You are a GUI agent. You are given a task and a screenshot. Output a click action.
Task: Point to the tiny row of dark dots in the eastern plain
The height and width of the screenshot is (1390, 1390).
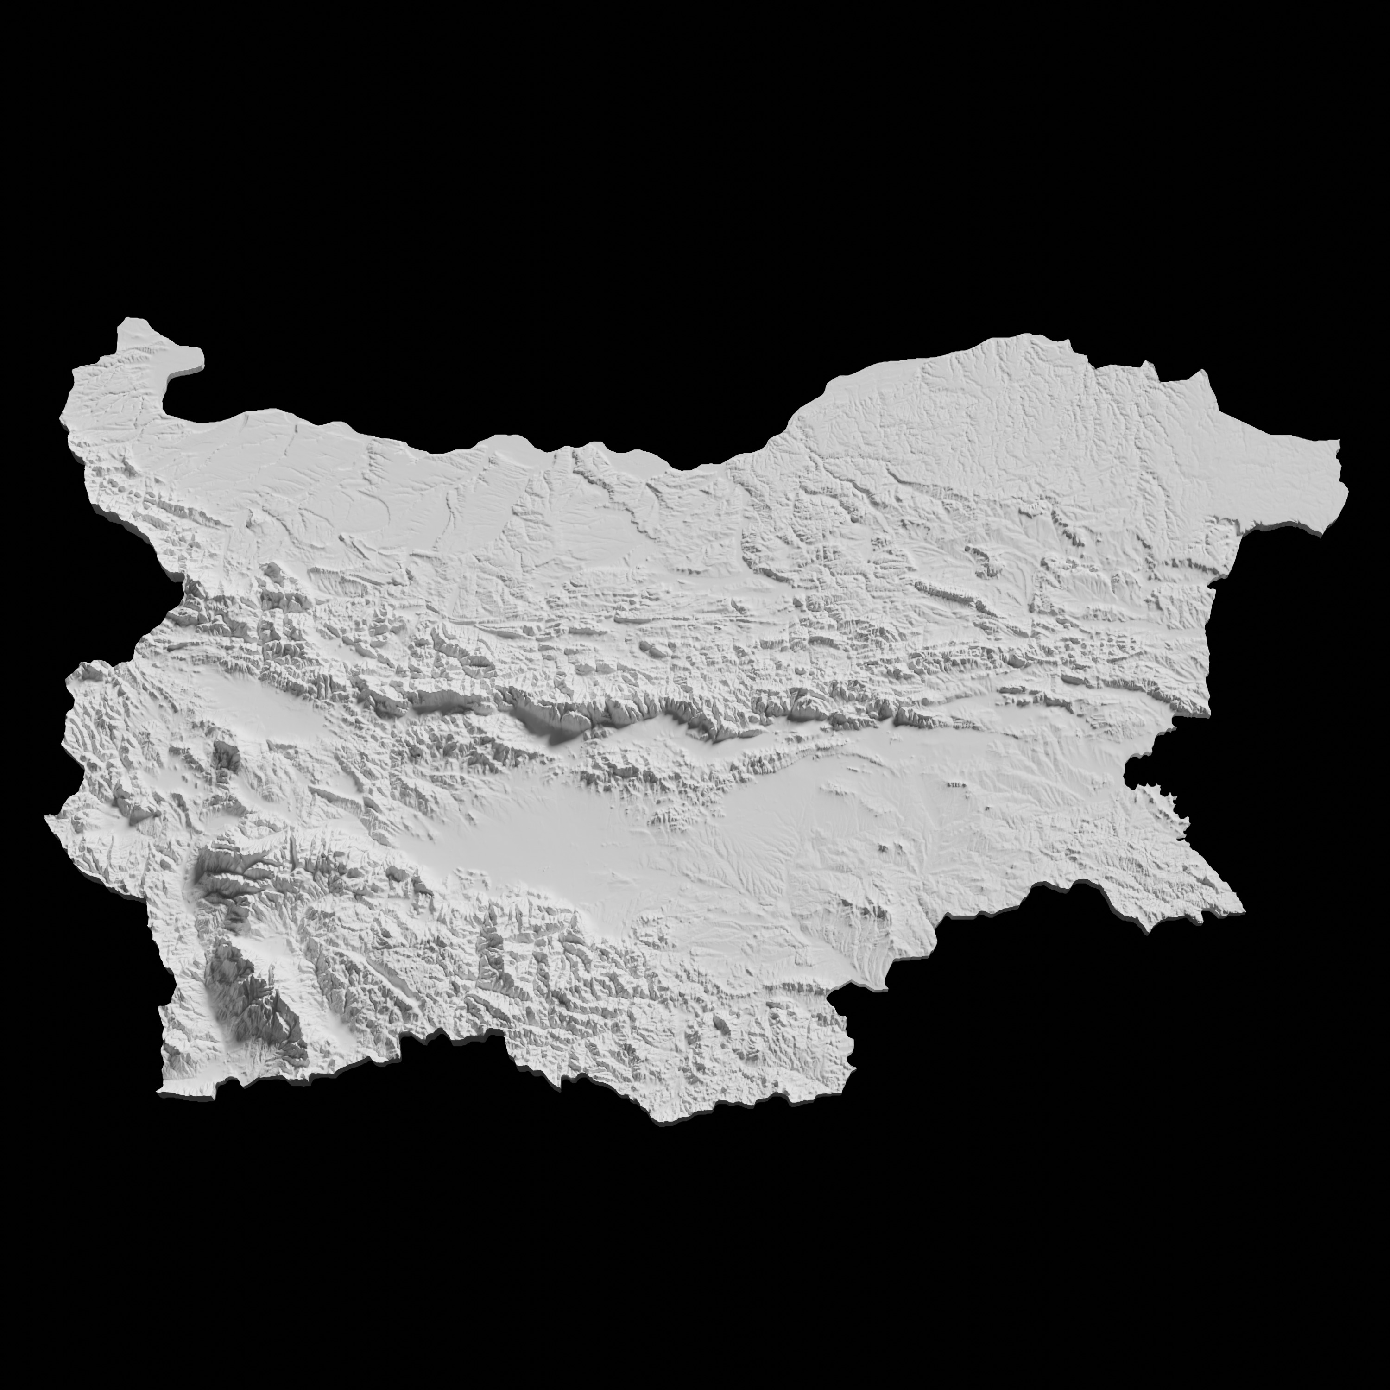955,784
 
